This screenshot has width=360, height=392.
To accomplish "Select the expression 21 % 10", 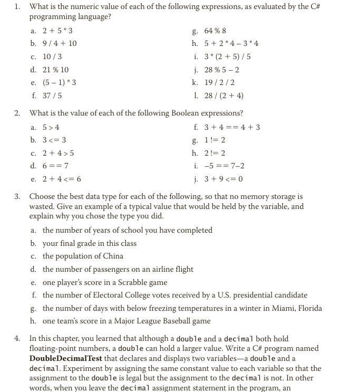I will coord(55,70).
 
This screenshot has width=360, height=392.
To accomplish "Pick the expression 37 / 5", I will coord(52,95).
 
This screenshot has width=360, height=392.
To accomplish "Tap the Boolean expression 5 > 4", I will coord(51,127).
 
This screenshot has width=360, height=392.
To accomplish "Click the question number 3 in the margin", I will coord(17,197).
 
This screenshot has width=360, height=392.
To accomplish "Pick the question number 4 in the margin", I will coord(17,339).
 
